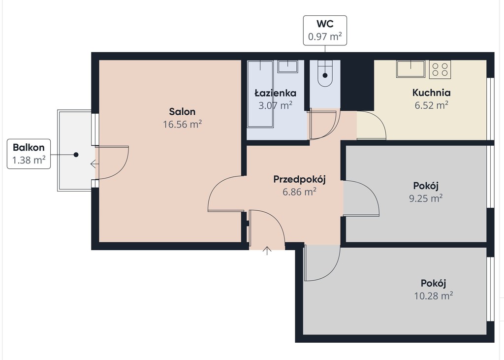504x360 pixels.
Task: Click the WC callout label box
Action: click(x=325, y=30)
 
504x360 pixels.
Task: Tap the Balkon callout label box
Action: click(x=29, y=154)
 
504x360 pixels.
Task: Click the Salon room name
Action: click(x=182, y=112)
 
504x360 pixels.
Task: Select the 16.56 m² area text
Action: click(x=182, y=124)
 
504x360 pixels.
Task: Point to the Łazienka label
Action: click(x=276, y=93)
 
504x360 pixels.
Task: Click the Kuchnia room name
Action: click(x=431, y=93)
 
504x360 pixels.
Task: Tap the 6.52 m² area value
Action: click(x=431, y=105)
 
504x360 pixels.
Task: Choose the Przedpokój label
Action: click(x=299, y=179)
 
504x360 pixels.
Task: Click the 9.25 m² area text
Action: click(x=426, y=198)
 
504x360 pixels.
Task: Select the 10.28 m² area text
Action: click(x=433, y=295)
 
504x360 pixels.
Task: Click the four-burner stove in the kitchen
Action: click(x=440, y=69)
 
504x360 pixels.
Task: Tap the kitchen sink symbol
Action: click(x=411, y=69)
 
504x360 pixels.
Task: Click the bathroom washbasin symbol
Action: click(x=287, y=66)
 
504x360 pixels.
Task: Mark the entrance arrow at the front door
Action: click(x=267, y=251)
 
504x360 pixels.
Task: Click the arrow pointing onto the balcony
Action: click(x=94, y=164)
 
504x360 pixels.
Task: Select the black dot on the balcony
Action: click(x=76, y=155)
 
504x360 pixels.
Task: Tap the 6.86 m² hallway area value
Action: click(x=299, y=192)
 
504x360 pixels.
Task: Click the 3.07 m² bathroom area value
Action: click(x=276, y=105)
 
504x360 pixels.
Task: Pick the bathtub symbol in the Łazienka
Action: click(x=260, y=94)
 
